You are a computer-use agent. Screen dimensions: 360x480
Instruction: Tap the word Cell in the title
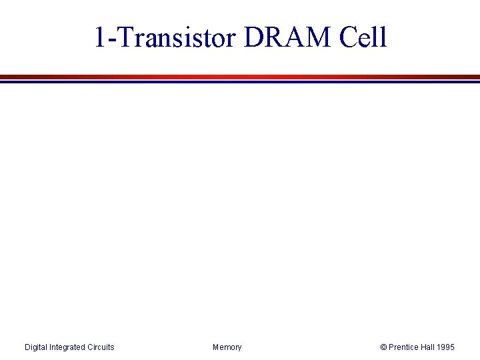[x=363, y=38]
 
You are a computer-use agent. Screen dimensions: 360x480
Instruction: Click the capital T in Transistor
[x=121, y=38]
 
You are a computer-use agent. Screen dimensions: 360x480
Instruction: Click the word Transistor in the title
[x=175, y=38]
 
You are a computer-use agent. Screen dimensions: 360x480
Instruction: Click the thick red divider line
[x=240, y=77]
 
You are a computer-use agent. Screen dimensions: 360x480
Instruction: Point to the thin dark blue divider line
[x=240, y=82]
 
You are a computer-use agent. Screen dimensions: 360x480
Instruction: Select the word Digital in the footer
[x=37, y=347]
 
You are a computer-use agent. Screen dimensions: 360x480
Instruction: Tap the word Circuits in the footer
[x=101, y=347]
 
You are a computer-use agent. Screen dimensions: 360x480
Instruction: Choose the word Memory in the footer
[x=227, y=347]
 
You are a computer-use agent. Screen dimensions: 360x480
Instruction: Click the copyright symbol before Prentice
[x=383, y=347]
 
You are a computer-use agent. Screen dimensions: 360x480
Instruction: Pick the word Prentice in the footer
[x=403, y=347]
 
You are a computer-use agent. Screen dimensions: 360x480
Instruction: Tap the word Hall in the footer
[x=428, y=347]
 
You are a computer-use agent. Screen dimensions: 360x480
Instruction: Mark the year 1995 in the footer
[x=447, y=347]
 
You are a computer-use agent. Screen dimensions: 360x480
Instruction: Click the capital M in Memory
[x=216, y=347]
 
